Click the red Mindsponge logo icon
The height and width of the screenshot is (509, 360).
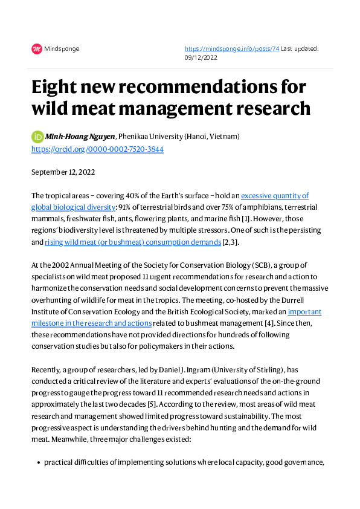tap(37, 49)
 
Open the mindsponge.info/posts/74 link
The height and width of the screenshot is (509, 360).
tap(232, 49)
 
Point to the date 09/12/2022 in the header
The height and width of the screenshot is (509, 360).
tap(202, 59)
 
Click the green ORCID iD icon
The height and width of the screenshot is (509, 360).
tap(37, 137)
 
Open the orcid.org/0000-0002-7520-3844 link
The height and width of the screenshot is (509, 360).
tap(97, 149)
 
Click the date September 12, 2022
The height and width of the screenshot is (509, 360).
tap(63, 172)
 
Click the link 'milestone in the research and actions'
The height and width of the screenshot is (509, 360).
tap(92, 323)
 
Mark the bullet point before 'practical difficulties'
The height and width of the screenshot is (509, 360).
tap(38, 462)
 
